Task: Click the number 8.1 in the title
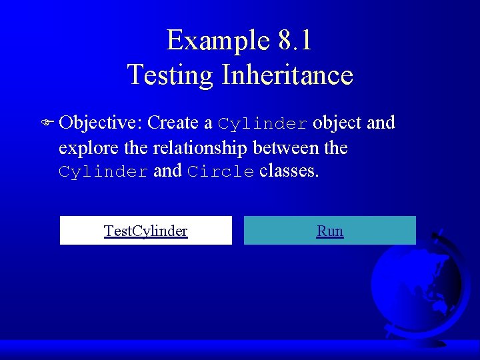[295, 40]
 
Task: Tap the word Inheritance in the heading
[287, 74]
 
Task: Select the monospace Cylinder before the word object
[263, 124]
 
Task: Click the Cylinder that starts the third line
[103, 172]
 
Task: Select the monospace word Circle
[221, 172]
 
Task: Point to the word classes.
[289, 171]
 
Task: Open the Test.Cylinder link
[145, 231]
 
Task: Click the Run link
[330, 231]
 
